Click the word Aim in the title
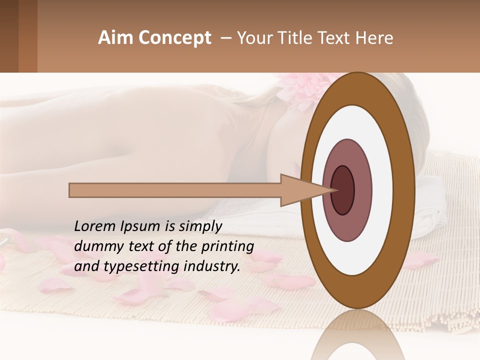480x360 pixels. point(115,38)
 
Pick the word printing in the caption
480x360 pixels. point(227,246)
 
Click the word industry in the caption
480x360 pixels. point(212,266)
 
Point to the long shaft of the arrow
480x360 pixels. point(175,190)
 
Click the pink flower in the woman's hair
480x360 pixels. point(300,90)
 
